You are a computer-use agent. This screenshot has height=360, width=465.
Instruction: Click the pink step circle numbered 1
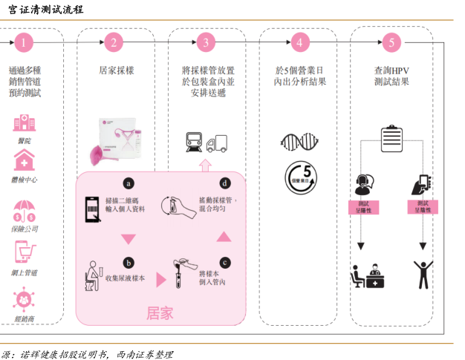point(24,42)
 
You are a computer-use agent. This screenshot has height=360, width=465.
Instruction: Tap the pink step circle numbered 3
point(206,42)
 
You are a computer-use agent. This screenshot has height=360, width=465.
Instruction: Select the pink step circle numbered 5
point(391,42)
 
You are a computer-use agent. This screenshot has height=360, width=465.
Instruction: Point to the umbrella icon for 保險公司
point(24,209)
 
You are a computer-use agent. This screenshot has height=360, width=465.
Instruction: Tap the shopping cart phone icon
point(24,255)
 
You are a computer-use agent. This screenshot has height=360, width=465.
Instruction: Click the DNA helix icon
point(299,141)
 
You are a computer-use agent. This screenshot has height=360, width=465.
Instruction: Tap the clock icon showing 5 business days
point(299,178)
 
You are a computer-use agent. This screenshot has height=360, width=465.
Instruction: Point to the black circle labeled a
point(129,183)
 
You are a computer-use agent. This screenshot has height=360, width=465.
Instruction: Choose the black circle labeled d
point(224,183)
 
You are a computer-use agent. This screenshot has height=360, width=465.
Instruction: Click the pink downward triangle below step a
point(129,239)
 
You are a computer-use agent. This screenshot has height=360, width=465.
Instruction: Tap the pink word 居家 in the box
point(160,313)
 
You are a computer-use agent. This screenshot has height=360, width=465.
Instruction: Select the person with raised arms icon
point(423,274)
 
